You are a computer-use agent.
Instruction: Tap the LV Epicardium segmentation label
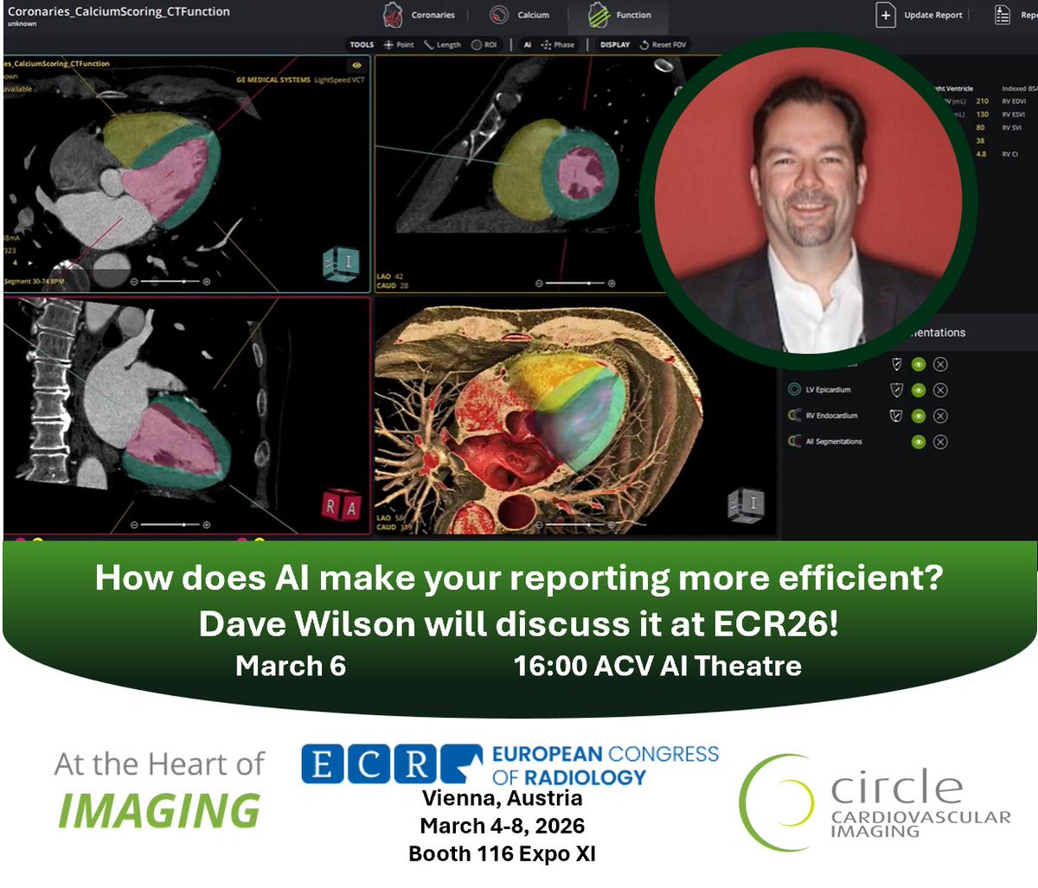(828, 390)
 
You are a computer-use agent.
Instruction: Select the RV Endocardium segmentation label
(831, 416)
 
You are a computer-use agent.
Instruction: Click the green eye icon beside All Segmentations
(919, 442)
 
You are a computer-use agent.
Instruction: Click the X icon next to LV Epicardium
(940, 390)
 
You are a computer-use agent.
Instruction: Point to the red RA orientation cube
(340, 508)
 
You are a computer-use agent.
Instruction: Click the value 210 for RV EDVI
(982, 101)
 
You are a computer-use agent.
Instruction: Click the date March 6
(291, 666)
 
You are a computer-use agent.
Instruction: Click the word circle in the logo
(896, 787)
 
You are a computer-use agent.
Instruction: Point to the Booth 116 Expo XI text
(502, 854)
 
